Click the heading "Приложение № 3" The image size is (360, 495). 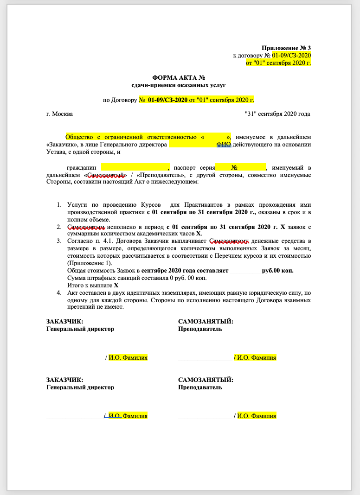(286, 48)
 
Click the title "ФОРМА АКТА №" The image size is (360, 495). (179, 78)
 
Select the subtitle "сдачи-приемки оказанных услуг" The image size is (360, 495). (179, 85)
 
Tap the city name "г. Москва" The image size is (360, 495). (59, 114)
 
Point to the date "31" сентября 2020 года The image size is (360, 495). (277, 114)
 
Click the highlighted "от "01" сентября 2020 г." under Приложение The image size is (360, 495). (278, 62)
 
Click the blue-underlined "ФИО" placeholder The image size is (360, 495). (224, 144)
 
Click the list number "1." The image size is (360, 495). (59, 204)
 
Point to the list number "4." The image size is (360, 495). (59, 293)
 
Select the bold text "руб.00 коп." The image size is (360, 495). (277, 271)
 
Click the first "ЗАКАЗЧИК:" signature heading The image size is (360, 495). (64, 321)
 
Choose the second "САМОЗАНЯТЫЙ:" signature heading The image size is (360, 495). (206, 380)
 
